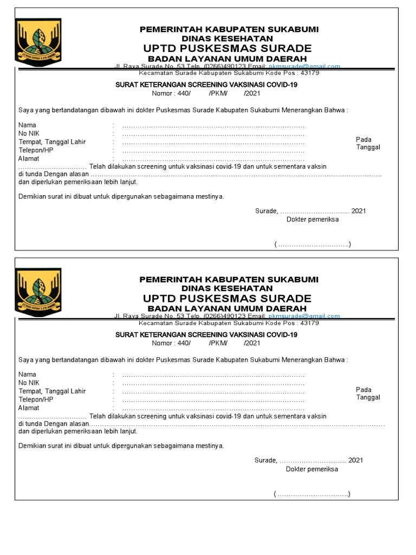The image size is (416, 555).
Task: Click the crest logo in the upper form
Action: [38, 41]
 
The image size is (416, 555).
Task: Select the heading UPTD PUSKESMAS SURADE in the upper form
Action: [227, 48]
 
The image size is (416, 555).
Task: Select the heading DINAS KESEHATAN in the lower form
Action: [227, 288]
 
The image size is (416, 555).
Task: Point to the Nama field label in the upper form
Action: [27, 125]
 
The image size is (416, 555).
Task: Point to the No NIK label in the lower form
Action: [29, 383]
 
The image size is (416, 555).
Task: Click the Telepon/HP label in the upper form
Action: [36, 150]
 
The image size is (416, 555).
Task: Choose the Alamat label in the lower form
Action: [29, 408]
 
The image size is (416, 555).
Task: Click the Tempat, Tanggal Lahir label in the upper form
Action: [52, 142]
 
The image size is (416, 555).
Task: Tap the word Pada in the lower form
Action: [363, 390]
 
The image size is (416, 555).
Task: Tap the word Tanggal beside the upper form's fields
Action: [368, 147]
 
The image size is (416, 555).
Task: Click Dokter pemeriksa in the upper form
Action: [313, 220]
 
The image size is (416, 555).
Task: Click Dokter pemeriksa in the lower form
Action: [312, 469]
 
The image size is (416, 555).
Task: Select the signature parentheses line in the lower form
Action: [313, 494]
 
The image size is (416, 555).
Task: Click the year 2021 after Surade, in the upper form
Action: [359, 211]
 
